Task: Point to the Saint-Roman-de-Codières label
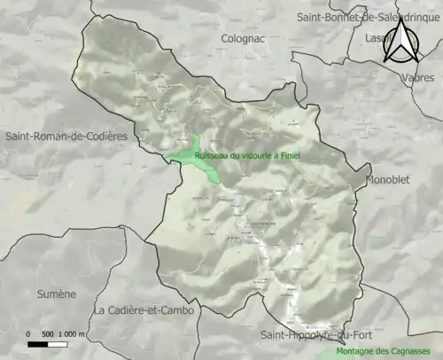pos(66,137)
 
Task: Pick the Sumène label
pos(56,293)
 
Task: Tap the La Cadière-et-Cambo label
pos(142,309)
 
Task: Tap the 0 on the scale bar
pos(29,334)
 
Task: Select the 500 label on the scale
pos(50,334)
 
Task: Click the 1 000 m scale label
pos(74,334)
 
